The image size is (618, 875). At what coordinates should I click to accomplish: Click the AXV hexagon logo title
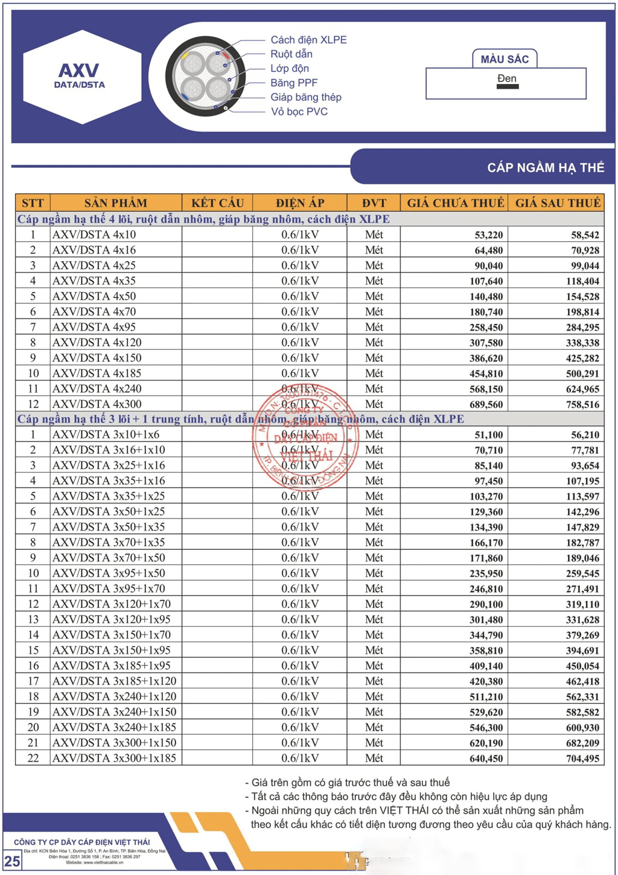[x=79, y=71]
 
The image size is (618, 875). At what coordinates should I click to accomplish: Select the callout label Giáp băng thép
[x=305, y=97]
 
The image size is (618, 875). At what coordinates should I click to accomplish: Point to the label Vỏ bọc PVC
[x=299, y=112]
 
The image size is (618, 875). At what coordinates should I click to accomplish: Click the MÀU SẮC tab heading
[x=505, y=59]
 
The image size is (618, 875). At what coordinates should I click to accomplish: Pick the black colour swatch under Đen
[x=507, y=86]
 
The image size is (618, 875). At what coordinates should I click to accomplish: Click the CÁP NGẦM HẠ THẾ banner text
[x=545, y=167]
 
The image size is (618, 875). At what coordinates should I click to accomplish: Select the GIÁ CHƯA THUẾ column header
[x=455, y=203]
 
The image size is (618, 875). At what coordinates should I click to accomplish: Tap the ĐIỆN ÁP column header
[x=300, y=203]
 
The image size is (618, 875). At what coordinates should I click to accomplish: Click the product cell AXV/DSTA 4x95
[x=94, y=327]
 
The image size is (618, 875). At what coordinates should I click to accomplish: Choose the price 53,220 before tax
[x=488, y=235]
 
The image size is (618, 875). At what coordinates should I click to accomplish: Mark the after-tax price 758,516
[x=582, y=404]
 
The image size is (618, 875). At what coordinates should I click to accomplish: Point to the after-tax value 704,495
[x=582, y=758]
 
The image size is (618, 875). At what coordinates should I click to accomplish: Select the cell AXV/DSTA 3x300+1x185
[x=114, y=758]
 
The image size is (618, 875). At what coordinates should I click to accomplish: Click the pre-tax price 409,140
[x=486, y=666]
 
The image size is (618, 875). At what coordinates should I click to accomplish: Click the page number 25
[x=12, y=860]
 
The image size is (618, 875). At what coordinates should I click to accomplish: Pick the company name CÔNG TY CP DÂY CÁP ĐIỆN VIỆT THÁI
[x=81, y=842]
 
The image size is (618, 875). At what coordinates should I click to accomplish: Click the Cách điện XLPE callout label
[x=308, y=40]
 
